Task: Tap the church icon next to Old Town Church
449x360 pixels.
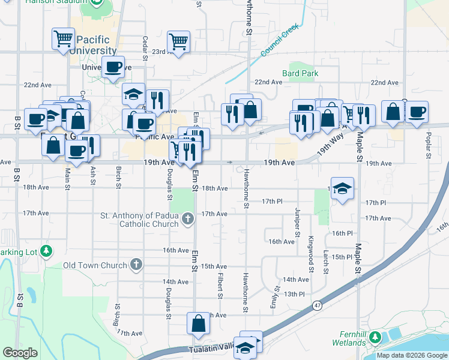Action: [137, 265]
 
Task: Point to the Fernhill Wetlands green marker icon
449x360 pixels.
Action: [376, 338]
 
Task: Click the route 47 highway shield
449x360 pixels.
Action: [316, 306]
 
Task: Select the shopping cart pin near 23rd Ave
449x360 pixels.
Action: [178, 41]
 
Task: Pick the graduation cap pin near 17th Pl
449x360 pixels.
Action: [342, 188]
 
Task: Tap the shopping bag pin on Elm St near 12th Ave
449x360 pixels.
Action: [198, 324]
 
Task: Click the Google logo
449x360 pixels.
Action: [20, 353]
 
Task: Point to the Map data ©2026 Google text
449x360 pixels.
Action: [412, 355]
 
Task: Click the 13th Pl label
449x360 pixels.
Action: [295, 294]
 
